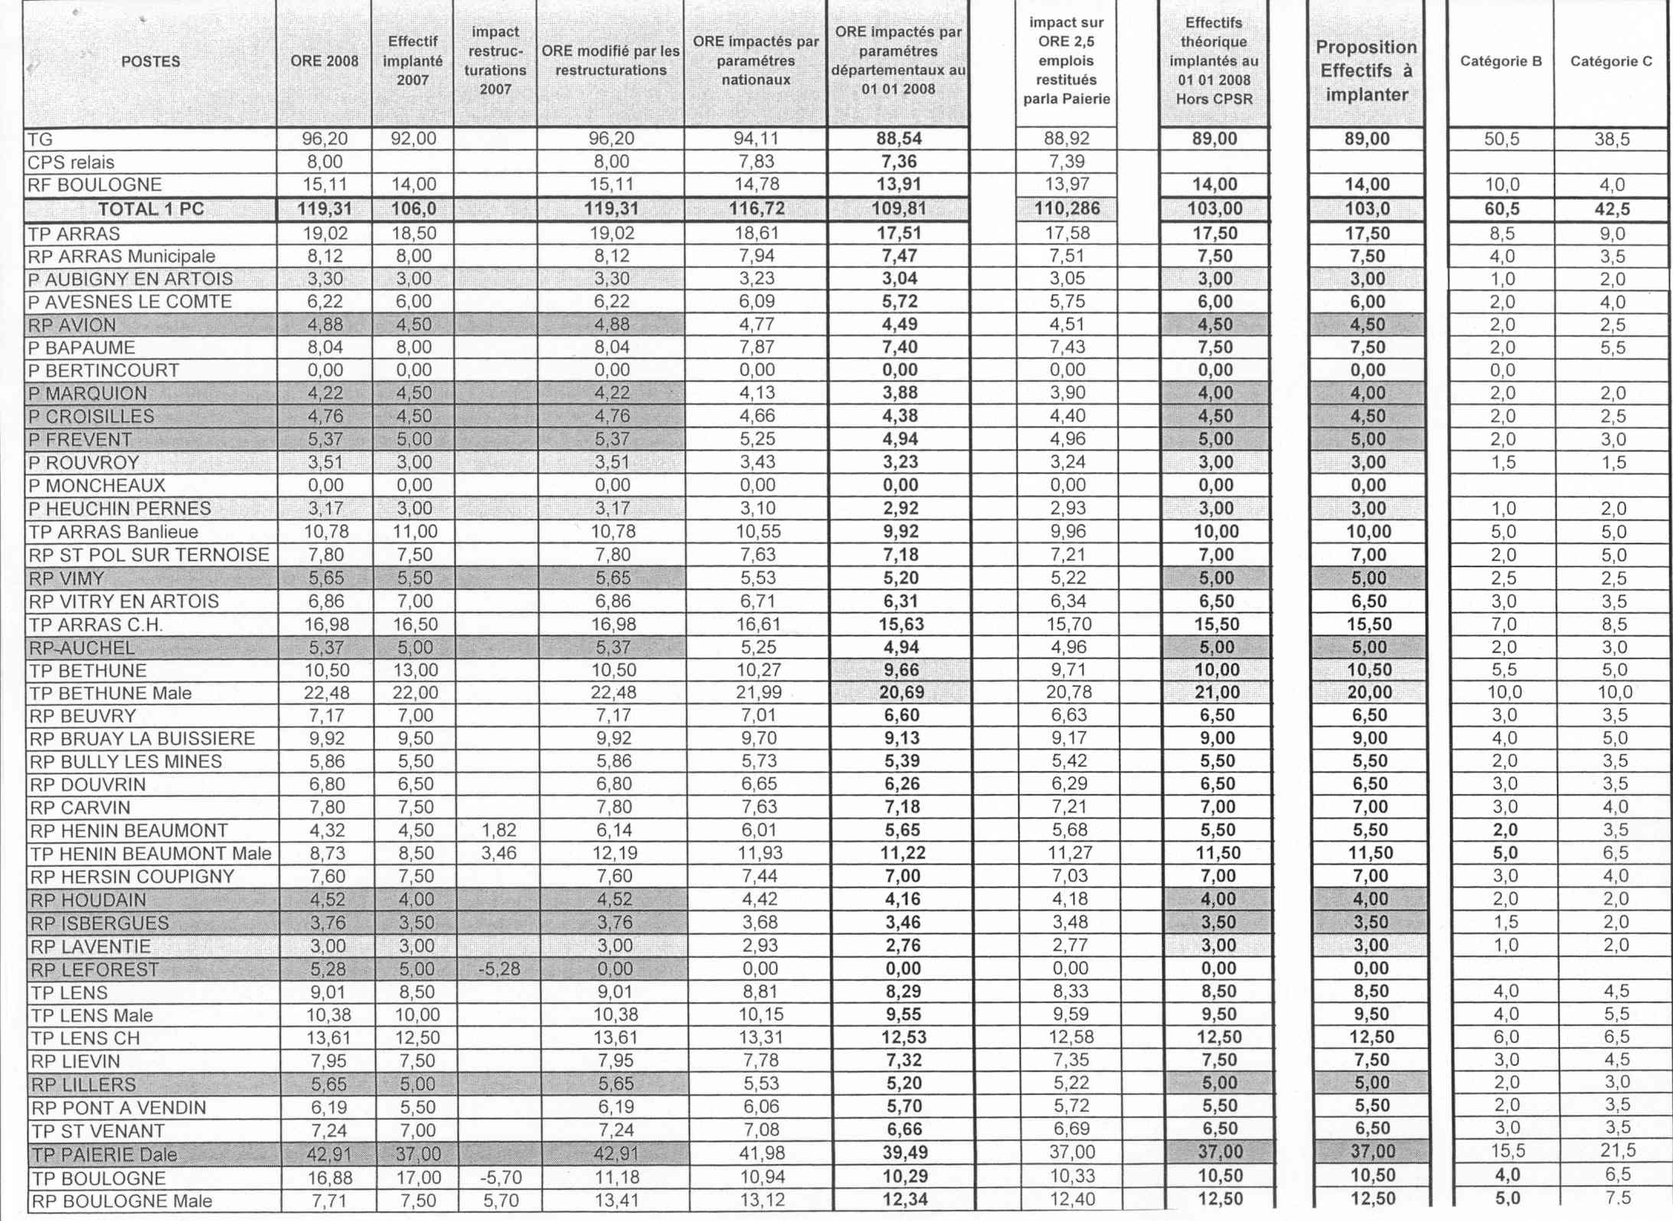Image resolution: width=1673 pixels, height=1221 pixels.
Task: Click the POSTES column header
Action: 150,61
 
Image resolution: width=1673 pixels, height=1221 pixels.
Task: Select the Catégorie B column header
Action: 1500,61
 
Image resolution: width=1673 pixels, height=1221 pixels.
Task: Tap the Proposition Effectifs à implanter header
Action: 1366,70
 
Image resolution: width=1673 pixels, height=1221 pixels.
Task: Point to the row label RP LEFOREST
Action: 95,970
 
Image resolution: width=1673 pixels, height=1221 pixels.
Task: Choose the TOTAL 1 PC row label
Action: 151,209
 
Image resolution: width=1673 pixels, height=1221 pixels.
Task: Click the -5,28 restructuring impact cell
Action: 498,969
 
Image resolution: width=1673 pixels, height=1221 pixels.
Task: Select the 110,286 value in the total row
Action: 1066,209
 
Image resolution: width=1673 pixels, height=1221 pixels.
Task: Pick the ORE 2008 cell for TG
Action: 324,139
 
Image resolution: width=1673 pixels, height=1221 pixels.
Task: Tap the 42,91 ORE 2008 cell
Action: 328,1154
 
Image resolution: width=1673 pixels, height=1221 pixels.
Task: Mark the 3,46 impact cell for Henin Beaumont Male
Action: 498,853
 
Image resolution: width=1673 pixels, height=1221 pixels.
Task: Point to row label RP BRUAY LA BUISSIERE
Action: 142,738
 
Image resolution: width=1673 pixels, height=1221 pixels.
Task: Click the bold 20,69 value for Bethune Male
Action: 900,692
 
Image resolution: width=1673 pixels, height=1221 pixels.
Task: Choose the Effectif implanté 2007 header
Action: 412,61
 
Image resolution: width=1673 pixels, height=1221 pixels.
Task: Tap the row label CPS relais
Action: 70,162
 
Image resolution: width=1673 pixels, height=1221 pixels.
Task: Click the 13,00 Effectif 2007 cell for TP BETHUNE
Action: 414,670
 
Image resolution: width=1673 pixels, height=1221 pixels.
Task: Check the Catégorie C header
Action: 1610,61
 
